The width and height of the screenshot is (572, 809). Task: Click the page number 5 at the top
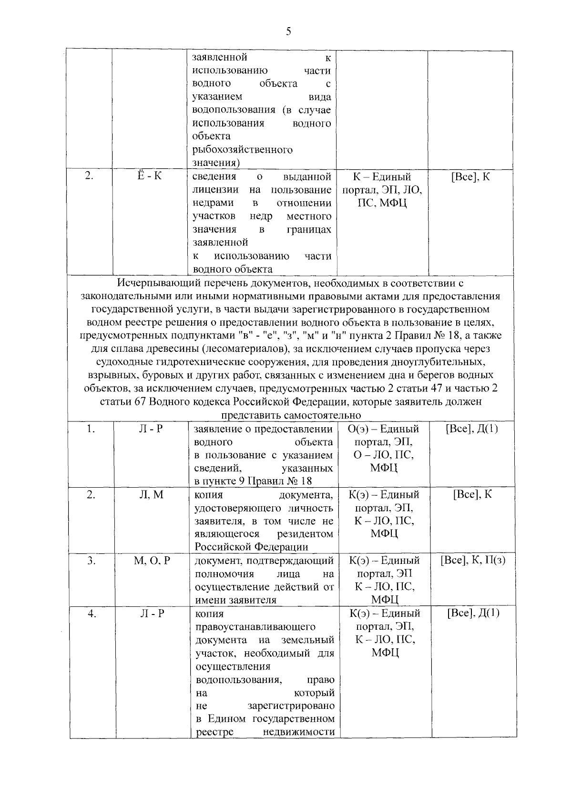(287, 31)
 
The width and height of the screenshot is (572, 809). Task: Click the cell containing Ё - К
(149, 176)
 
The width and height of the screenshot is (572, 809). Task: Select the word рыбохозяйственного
(242, 150)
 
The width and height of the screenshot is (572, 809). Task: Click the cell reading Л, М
(151, 495)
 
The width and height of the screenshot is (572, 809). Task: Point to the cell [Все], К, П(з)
(473, 561)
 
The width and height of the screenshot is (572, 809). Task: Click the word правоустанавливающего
(255, 626)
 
